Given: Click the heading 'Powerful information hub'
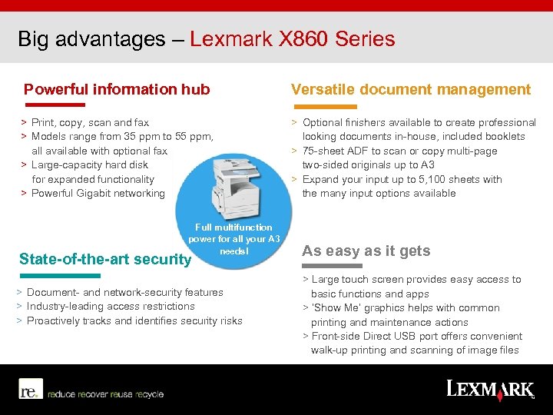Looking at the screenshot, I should [117, 89].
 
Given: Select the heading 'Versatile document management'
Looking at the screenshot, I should [411, 89].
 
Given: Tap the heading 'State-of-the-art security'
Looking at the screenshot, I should [104, 260].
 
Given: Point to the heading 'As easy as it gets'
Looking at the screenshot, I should [366, 251].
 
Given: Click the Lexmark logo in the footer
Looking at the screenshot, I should [488, 389].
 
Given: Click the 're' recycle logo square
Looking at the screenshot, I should [29, 390].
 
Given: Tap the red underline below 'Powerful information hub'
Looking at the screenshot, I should [54, 105].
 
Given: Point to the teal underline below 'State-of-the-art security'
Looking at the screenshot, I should [59, 275].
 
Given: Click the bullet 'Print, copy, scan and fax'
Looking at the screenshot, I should [90, 122].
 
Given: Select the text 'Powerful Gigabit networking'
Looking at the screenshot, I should [98, 193].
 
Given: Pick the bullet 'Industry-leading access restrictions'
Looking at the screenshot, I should [111, 306].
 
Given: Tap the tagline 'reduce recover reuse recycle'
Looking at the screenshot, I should [105, 394].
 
